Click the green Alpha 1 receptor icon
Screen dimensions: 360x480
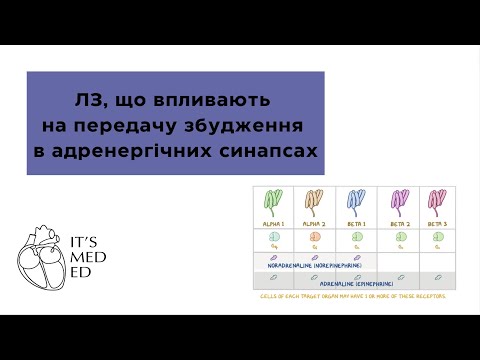[x=271, y=202]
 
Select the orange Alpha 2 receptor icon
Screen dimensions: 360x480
[x=314, y=202]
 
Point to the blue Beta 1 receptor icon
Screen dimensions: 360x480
[x=355, y=202]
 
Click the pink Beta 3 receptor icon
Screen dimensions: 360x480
[x=436, y=202]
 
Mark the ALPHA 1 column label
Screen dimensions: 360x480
[x=271, y=223]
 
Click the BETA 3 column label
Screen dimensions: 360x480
[x=436, y=223]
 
